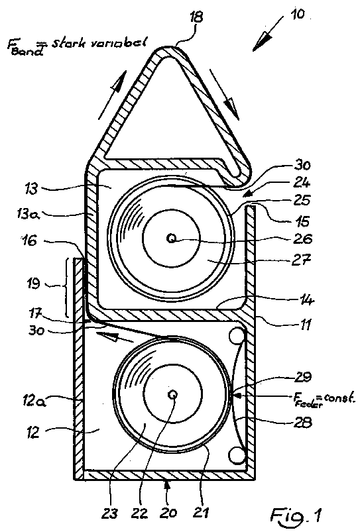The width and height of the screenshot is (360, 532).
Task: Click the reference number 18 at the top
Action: click(196, 17)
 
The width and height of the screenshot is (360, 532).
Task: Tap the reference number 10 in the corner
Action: click(298, 15)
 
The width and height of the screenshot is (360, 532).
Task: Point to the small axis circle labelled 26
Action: click(172, 239)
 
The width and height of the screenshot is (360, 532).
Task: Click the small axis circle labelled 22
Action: click(173, 394)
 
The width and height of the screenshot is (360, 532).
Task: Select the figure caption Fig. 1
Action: click(296, 515)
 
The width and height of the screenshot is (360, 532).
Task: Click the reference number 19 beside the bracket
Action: click(34, 283)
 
